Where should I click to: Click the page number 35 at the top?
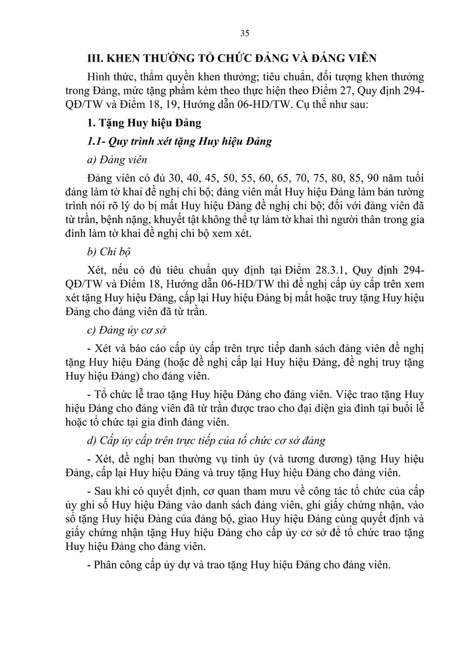coord(245,32)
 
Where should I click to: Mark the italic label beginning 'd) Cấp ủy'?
coord(206,440)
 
